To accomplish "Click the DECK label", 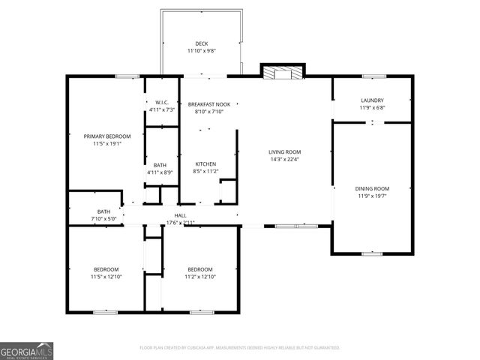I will [x=201, y=43].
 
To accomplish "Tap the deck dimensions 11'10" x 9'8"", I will [x=201, y=51].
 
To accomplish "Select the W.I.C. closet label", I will [x=161, y=102].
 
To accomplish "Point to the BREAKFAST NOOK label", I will [x=205, y=103].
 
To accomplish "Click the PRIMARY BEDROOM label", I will [x=106, y=136].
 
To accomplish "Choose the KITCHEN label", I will [x=205, y=163].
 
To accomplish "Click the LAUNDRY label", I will [x=372, y=100].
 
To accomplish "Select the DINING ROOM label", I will [x=372, y=188].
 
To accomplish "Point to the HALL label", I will [x=180, y=215].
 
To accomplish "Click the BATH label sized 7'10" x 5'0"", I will [x=103, y=211].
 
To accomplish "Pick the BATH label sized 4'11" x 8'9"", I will [x=160, y=165].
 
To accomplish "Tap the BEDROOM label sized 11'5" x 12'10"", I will [x=106, y=269].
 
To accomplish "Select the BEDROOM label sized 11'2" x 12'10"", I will [x=199, y=269].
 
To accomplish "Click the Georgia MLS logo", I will [x=26, y=350].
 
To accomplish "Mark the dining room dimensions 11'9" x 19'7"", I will [x=372, y=196].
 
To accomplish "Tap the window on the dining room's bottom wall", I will [x=372, y=253].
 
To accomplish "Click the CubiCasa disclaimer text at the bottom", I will [x=240, y=348].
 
